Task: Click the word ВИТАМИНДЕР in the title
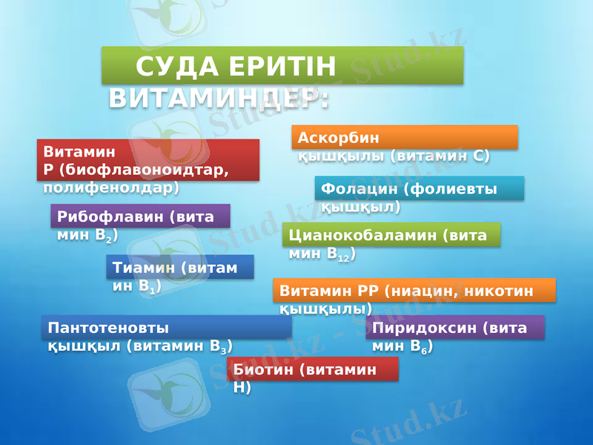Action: coord(219,99)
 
